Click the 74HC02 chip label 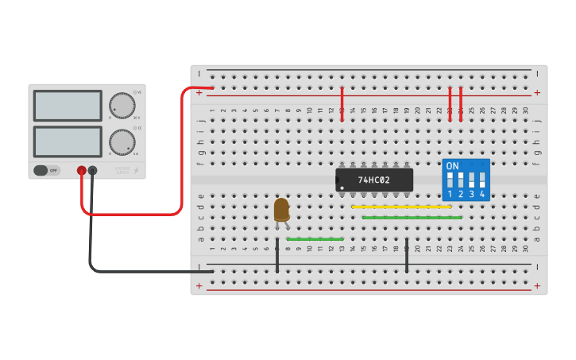coord(373,180)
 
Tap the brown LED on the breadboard coord(281,210)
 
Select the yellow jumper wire coord(401,207)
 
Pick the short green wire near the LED coord(315,238)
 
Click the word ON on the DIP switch coord(452,166)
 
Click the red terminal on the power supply coord(81,170)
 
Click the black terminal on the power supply coord(93,170)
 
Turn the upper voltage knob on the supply coord(122,106)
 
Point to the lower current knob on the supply coord(122,142)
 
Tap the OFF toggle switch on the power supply coord(47,170)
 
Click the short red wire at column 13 coord(342,104)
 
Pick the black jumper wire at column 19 coord(407,254)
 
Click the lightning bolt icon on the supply coord(136,170)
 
